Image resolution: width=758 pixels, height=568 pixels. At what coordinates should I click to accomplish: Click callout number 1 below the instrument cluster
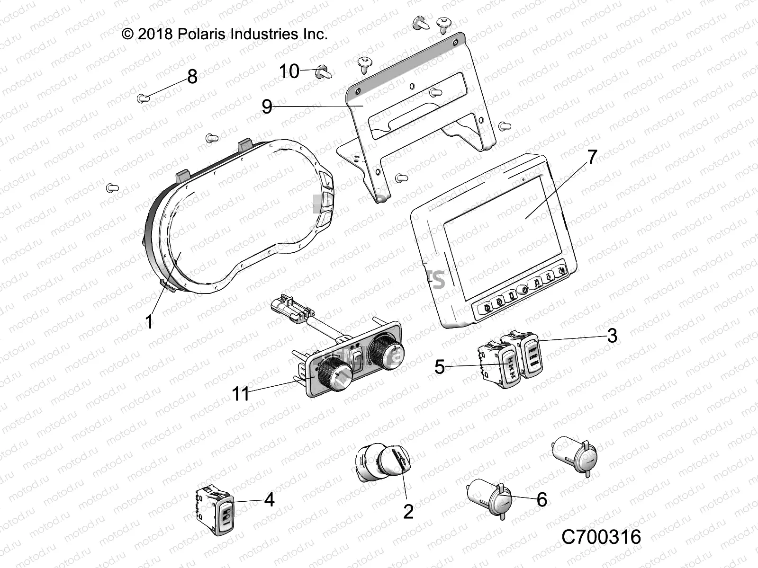149,322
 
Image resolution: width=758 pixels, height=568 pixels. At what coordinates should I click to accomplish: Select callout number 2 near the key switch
408,511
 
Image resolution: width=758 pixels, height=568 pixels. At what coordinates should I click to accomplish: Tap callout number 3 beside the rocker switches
612,336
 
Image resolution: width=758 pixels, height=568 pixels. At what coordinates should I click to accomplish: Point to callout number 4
269,499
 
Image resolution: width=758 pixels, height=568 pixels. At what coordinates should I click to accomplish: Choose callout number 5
440,367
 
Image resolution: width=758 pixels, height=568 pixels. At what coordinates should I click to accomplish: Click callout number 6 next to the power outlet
541,499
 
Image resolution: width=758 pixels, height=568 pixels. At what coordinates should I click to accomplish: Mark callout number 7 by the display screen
593,157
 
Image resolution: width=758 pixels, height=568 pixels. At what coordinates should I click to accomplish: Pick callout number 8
192,77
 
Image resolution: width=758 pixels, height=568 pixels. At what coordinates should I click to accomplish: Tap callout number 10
289,71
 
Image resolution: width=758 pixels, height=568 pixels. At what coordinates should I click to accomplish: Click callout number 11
240,394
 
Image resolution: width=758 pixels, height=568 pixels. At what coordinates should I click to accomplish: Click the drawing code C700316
601,537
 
